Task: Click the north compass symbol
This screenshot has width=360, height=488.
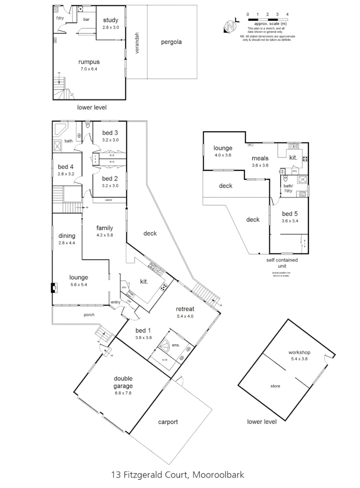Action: coord(232,26)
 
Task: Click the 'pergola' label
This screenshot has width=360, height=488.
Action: coord(172,43)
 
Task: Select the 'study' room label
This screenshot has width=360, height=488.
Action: coord(110,20)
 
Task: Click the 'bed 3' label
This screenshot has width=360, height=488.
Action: coord(110,132)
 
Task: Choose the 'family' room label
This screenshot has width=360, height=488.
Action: coord(104,228)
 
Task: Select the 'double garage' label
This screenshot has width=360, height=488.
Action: coord(123,382)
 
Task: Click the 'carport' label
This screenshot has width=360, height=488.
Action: coord(168,422)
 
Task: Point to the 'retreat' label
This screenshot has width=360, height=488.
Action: coord(185,309)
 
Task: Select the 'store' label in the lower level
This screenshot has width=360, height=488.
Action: coord(275,386)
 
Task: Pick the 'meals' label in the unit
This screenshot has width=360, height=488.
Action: coord(260,158)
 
